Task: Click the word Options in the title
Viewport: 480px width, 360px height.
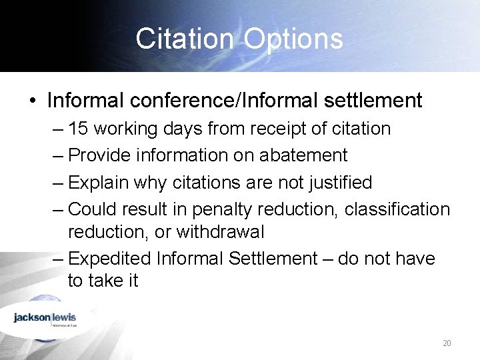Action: [293, 39]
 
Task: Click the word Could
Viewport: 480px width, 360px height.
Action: [94, 209]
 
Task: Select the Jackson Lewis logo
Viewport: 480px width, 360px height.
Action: [45, 318]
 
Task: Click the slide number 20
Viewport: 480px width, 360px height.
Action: [447, 343]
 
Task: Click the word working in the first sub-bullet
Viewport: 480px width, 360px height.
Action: [136, 129]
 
